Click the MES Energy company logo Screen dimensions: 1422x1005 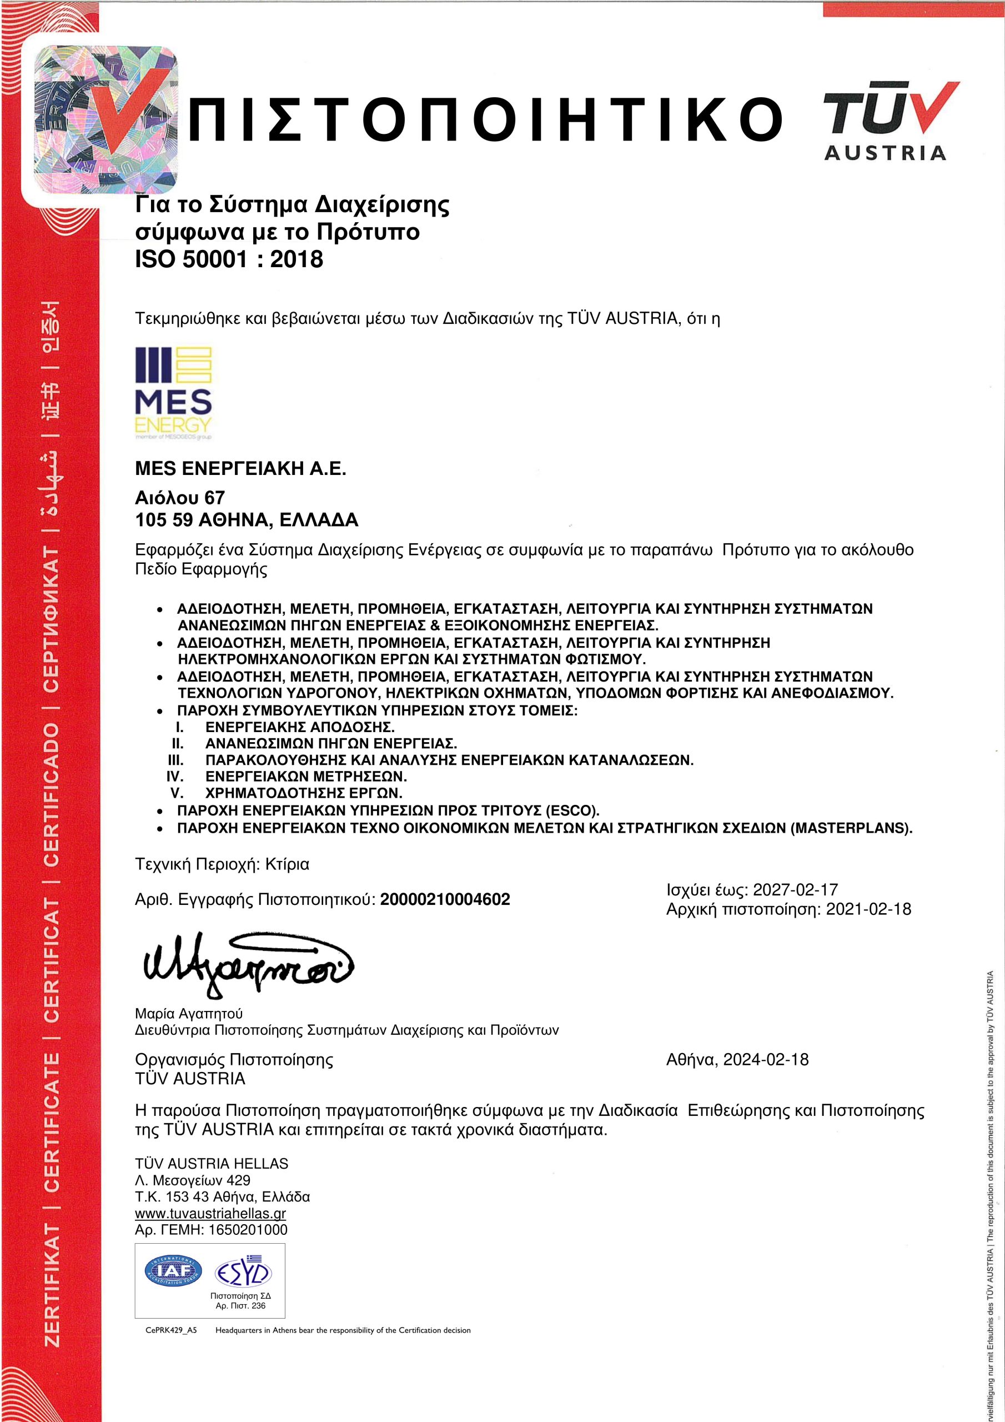coord(173,393)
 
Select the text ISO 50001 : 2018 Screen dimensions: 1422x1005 coord(229,259)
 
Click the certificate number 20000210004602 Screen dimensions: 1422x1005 coord(445,899)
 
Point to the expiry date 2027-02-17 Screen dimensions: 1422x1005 coord(795,890)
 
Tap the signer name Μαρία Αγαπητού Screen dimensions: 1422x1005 coord(189,1014)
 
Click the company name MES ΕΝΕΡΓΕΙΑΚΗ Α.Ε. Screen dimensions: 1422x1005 coord(240,469)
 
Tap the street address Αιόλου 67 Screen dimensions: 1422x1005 coord(179,497)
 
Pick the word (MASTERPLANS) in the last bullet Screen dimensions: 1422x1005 coord(851,828)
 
